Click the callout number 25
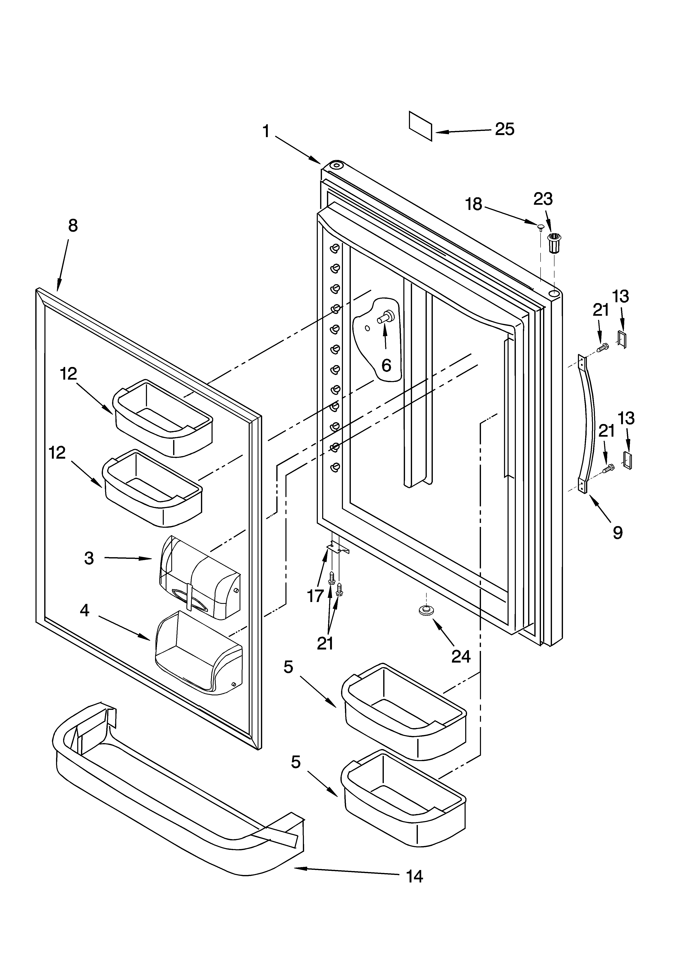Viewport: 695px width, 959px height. pos(504,129)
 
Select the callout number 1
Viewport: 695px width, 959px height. pos(266,132)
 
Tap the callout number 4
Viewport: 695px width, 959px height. pos(85,610)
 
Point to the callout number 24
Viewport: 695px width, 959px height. pos(460,656)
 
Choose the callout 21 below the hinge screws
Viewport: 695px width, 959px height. pos(325,643)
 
